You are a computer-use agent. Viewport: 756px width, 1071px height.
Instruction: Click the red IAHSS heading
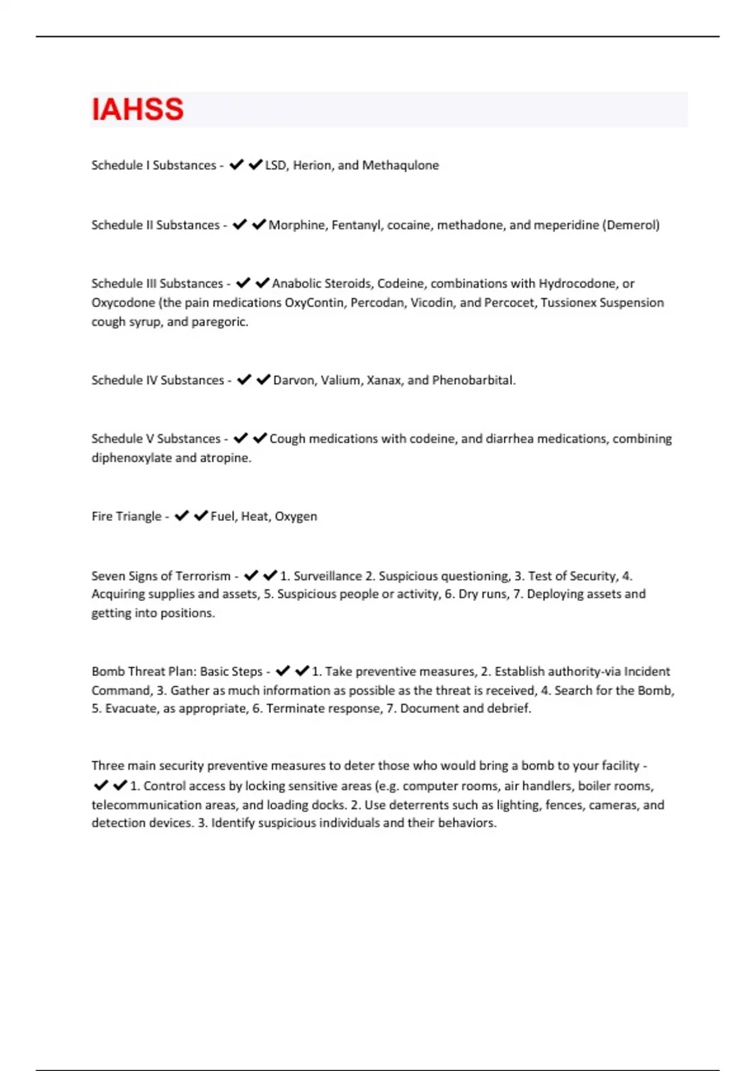tap(137, 110)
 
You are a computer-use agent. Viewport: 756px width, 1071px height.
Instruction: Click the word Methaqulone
tap(400, 165)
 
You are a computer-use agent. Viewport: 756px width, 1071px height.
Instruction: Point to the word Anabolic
tap(297, 283)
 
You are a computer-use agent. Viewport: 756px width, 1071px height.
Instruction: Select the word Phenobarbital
tap(473, 380)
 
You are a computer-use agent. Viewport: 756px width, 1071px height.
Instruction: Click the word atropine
tap(225, 457)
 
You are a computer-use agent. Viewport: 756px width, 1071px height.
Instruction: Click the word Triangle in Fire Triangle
tap(139, 516)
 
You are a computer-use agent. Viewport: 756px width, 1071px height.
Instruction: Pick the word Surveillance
tap(328, 576)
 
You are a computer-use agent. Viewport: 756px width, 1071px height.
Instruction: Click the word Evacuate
tap(132, 708)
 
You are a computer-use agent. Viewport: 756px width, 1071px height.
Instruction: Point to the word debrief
tap(508, 708)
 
